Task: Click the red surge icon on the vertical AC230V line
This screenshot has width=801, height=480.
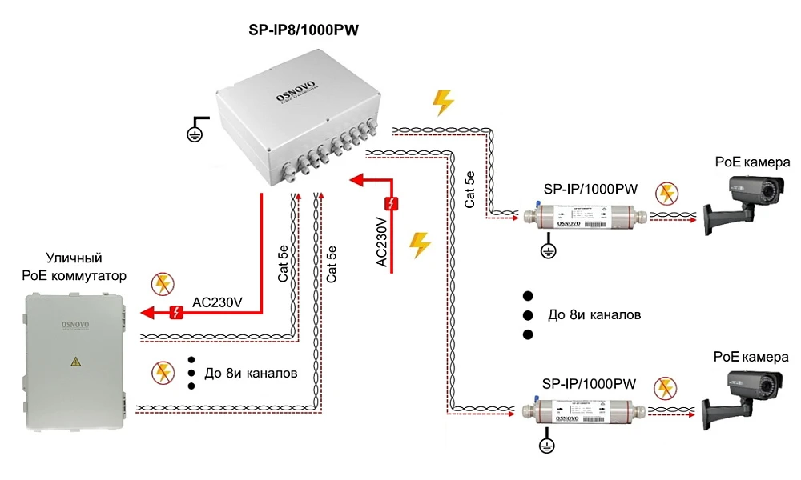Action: click(x=391, y=202)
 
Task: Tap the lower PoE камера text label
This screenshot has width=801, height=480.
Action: click(x=751, y=357)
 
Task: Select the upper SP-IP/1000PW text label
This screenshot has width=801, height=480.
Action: click(x=579, y=190)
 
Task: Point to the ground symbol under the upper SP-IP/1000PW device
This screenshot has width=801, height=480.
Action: click(x=548, y=249)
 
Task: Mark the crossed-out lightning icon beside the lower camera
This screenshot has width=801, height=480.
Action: click(x=664, y=388)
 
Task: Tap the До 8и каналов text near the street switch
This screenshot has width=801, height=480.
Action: click(x=252, y=373)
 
